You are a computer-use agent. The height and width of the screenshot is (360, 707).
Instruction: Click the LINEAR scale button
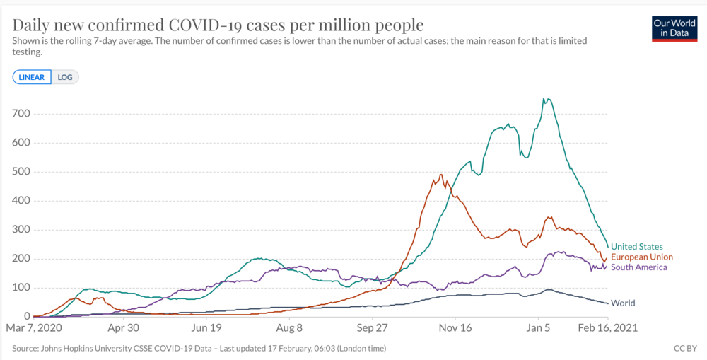click(32, 77)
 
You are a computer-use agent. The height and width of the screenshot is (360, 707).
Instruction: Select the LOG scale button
click(65, 77)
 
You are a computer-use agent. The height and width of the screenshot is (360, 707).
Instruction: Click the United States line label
click(636, 247)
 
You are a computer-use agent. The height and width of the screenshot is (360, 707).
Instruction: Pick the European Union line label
click(641, 257)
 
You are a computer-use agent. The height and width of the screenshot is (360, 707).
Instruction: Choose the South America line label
click(638, 267)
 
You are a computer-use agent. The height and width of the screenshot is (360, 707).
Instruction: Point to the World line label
click(623, 303)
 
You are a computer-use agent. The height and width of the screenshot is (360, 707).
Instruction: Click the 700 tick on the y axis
click(21, 114)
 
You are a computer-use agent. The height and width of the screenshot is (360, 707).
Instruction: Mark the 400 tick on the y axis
click(21, 201)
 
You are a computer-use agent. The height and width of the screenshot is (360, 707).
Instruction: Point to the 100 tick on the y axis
click(21, 288)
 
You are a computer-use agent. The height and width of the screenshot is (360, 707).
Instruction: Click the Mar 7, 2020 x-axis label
click(34, 328)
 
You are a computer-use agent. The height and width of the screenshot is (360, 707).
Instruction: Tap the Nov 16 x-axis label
click(455, 328)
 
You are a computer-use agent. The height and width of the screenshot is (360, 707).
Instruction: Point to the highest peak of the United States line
click(546, 99)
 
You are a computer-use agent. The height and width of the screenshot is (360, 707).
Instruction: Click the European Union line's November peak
click(441, 175)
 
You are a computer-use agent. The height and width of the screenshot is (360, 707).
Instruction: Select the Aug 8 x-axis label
click(290, 328)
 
